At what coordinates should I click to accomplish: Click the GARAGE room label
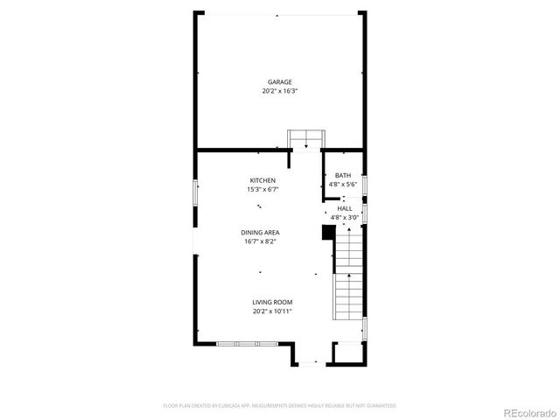coord(280,82)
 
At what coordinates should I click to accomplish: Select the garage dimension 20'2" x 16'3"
coord(280,91)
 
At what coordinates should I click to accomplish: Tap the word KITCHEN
coord(262,180)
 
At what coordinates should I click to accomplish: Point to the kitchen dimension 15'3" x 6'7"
coord(262,189)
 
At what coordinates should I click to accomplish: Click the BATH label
coord(342,176)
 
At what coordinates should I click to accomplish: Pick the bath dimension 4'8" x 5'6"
coord(342,185)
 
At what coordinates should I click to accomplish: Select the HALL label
coord(345,208)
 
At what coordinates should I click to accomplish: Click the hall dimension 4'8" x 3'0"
coord(345,217)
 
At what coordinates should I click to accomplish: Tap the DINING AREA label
coord(261,233)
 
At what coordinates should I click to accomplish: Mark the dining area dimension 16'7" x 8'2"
coord(261,241)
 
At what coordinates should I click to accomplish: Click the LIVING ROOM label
coord(272,302)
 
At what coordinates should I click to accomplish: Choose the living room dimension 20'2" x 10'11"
coord(272,311)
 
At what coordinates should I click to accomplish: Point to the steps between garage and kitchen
coord(307,139)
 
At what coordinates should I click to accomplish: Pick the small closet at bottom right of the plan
coord(347,353)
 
